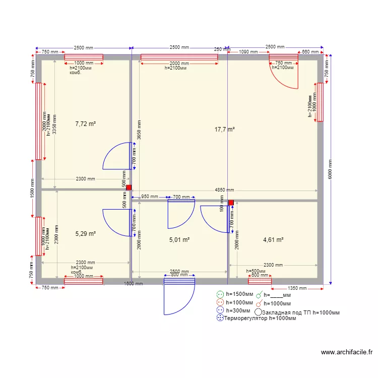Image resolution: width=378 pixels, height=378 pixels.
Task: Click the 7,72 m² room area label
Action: click(86, 123)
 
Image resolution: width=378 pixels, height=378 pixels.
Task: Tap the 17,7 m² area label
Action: click(225, 130)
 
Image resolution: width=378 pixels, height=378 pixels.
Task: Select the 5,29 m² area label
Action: click(86, 234)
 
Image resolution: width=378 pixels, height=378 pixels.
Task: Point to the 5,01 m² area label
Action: click(179, 240)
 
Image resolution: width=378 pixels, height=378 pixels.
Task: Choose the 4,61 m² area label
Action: click(273, 240)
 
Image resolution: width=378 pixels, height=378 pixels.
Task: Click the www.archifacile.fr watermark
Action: click(346, 353)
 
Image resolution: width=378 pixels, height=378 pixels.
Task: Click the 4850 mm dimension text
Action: click(224, 190)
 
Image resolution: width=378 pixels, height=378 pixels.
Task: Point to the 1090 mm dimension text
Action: click(248, 51)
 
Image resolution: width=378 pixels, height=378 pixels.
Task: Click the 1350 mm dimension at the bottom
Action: click(299, 288)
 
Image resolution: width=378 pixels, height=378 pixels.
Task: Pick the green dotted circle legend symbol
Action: click(220, 295)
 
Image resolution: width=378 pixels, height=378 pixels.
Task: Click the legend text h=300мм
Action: click(239, 310)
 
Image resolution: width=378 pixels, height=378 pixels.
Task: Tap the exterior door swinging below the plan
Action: click(179, 297)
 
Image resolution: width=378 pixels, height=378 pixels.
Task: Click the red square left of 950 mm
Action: click(129, 187)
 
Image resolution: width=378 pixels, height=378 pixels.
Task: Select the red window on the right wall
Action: click(320, 103)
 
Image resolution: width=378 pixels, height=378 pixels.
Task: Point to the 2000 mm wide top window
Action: click(179, 57)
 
